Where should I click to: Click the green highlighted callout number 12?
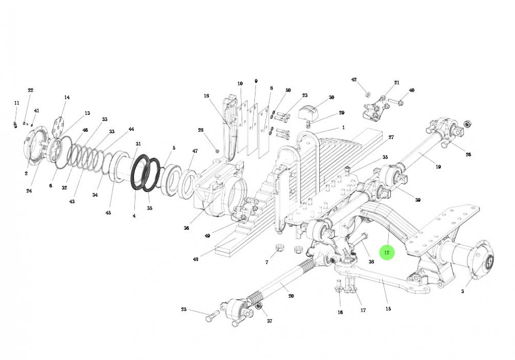[x=387, y=253]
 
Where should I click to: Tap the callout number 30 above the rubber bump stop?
[x=331, y=97]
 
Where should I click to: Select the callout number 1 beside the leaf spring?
[x=343, y=128]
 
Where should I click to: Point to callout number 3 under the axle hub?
[x=462, y=292]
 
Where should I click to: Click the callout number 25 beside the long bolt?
[x=184, y=310]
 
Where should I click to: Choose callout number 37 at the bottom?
[x=269, y=321]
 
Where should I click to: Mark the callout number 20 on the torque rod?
[x=291, y=296]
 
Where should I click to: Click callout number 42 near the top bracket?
[x=354, y=80]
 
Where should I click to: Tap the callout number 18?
[x=207, y=96]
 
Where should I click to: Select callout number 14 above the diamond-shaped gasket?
[x=66, y=97]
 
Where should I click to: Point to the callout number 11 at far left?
[x=16, y=104]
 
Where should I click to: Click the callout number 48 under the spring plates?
[x=196, y=259]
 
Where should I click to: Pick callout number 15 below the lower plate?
[x=388, y=309]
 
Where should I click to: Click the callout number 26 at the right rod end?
[x=468, y=155]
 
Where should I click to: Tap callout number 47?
[x=195, y=151]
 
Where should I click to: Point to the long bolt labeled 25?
[x=210, y=317]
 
